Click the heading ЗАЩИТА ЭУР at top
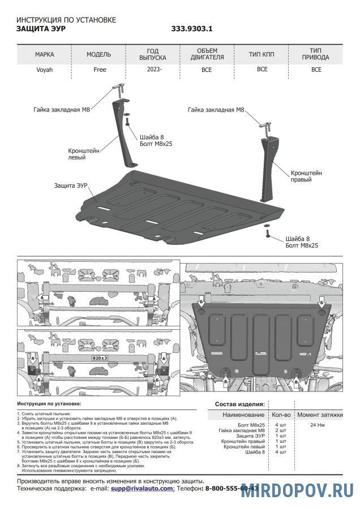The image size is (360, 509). pos(42,28)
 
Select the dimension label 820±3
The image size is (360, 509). pos(100,359)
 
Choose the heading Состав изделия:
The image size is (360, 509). pos(240,404)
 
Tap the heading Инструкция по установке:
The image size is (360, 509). pos(49,404)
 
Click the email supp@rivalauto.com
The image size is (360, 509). pos(143,488)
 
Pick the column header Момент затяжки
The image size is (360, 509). pos(320,415)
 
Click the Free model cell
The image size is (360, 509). pos(100,70)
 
